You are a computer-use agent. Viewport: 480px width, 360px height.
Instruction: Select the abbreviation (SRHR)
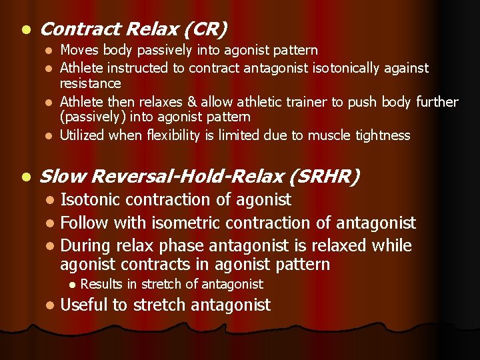[x=327, y=177]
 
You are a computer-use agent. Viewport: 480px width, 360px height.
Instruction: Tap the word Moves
[x=77, y=51]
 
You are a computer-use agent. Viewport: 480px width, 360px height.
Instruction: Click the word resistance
[x=91, y=84]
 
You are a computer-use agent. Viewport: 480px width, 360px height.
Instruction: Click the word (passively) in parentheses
[x=90, y=117]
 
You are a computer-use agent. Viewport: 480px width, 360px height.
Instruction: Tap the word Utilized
[x=82, y=135]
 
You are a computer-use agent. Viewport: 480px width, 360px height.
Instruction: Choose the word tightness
[x=383, y=135]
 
